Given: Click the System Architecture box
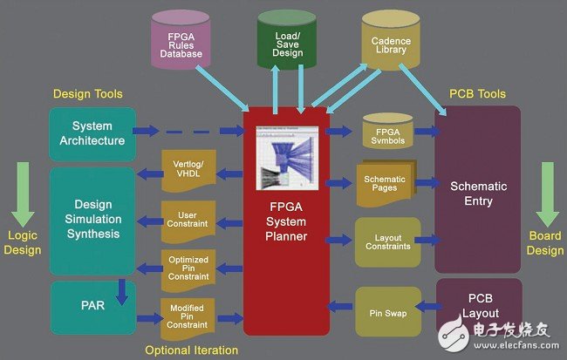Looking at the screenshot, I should click(x=92, y=133).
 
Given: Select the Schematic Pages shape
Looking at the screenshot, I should click(x=385, y=184).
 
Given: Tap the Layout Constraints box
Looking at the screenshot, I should click(x=386, y=240).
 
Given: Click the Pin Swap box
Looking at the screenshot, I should click(x=387, y=309).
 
